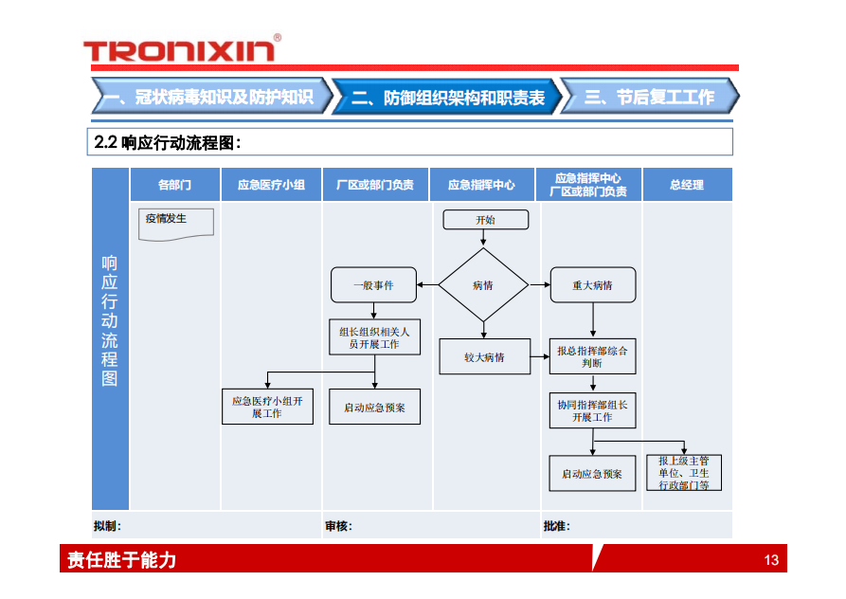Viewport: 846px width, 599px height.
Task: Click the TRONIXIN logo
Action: [181, 49]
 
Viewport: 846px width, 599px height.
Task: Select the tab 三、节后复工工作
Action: [649, 97]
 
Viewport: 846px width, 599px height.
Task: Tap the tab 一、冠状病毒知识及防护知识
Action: [210, 97]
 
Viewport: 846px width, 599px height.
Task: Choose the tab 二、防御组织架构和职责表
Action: [447, 97]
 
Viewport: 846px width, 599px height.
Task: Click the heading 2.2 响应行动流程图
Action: [168, 142]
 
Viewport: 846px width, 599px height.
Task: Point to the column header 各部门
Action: [175, 185]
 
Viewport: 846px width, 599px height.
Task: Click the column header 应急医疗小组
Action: [271, 185]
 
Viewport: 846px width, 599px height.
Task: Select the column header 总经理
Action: [687, 185]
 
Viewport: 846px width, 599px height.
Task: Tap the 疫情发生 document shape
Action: [176, 223]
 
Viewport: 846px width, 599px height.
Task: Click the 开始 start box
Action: [485, 220]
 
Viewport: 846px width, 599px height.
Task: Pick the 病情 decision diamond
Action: [483, 284]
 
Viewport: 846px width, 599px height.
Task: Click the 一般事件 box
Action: [374, 284]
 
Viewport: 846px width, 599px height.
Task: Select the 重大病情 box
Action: [592, 284]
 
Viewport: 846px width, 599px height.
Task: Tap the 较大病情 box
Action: [483, 357]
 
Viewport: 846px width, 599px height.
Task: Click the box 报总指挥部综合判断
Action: [592, 356]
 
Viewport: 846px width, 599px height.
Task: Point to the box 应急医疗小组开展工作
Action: [267, 407]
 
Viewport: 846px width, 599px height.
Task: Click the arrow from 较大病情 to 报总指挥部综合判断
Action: [539, 357]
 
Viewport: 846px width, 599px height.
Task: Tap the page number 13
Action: [771, 560]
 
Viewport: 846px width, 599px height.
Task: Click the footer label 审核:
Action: [338, 526]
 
